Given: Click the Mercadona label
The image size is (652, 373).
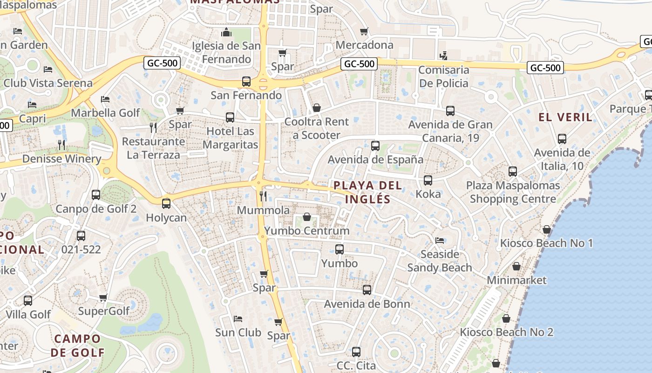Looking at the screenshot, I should click(x=364, y=45).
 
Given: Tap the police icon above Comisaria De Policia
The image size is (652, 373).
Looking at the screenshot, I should click(x=443, y=55).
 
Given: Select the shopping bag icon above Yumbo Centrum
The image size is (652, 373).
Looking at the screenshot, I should click(x=307, y=217).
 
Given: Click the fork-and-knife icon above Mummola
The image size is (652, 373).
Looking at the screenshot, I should click(x=263, y=196).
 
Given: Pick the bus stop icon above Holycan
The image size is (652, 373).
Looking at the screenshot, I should click(x=166, y=204).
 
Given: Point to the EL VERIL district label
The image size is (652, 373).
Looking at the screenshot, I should click(x=566, y=117).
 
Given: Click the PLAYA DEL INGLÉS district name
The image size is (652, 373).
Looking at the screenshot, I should click(x=367, y=192).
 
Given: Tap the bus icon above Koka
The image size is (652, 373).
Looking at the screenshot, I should click(x=428, y=180).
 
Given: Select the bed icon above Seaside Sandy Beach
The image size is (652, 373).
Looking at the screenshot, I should click(x=440, y=241).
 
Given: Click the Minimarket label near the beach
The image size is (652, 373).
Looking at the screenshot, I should click(x=516, y=280).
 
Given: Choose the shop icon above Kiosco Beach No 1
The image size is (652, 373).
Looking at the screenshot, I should click(x=547, y=229).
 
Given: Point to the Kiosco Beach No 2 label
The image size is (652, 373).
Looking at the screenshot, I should click(x=507, y=332).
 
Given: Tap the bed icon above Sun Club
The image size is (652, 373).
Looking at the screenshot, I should click(x=238, y=319).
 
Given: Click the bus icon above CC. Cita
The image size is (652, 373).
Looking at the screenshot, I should click(x=356, y=352).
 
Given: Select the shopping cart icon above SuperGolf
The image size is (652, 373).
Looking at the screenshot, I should click(x=103, y=297).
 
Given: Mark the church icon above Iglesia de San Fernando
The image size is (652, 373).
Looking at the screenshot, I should click(x=227, y=32).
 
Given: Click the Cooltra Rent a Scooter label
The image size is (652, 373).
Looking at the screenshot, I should click(x=316, y=129).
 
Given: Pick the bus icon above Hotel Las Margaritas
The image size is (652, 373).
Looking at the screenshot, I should click(x=230, y=117).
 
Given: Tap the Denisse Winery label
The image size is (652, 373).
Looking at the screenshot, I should click(x=61, y=159).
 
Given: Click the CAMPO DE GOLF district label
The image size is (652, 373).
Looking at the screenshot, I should click(x=77, y=345).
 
